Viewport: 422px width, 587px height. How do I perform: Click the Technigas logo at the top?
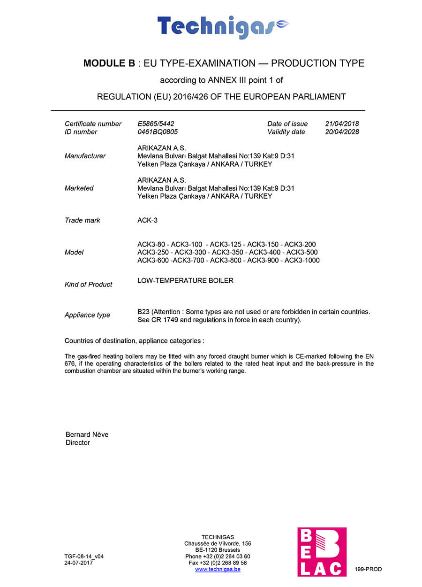click(223, 27)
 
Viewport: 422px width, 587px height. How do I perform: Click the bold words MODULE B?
click(109, 63)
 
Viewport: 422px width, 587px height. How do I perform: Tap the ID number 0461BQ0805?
click(158, 132)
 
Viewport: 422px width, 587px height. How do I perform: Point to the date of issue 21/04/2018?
click(342, 124)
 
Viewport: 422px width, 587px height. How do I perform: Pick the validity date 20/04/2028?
click(342, 132)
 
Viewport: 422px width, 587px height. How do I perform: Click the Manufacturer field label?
click(85, 156)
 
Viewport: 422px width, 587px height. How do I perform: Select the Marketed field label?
click(79, 188)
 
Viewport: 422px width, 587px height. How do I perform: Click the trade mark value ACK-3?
click(144, 220)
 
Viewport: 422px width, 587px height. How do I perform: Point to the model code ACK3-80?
click(152, 244)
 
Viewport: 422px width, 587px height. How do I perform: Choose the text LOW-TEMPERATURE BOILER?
click(185, 281)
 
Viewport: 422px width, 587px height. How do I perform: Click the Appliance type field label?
click(87, 315)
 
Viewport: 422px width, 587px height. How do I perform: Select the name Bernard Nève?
click(87, 434)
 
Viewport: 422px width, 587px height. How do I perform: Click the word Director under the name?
click(77, 442)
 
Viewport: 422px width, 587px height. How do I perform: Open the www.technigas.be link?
click(218, 569)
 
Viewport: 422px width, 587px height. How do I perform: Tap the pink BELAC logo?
click(322, 552)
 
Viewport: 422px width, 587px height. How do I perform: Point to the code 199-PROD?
click(368, 569)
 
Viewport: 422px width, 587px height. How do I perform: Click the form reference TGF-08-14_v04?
click(84, 556)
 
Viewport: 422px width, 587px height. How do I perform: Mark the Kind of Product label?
click(88, 285)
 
